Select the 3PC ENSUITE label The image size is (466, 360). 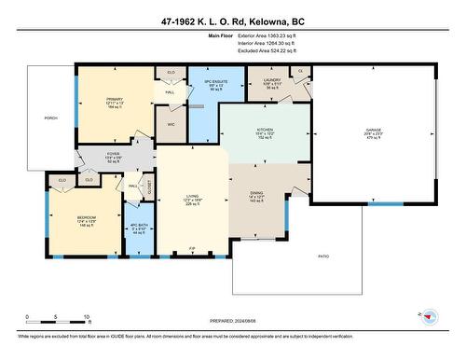pos(190,82)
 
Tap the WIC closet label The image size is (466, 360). pos(171,123)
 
